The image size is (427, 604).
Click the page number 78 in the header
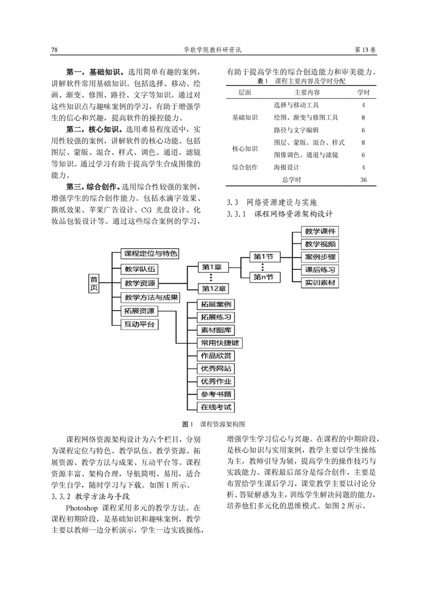click(54, 50)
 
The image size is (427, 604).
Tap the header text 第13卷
click(366, 50)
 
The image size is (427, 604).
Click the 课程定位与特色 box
click(150, 253)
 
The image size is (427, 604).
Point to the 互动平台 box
click(139, 324)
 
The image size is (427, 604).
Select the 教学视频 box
click(322, 244)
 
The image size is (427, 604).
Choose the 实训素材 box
click(322, 283)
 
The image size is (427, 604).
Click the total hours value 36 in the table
click(363, 180)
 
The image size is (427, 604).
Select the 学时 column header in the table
click(363, 93)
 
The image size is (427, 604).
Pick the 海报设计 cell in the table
click(286, 167)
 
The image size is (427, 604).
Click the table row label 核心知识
click(245, 149)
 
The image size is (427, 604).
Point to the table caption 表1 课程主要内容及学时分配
click(302, 81)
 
